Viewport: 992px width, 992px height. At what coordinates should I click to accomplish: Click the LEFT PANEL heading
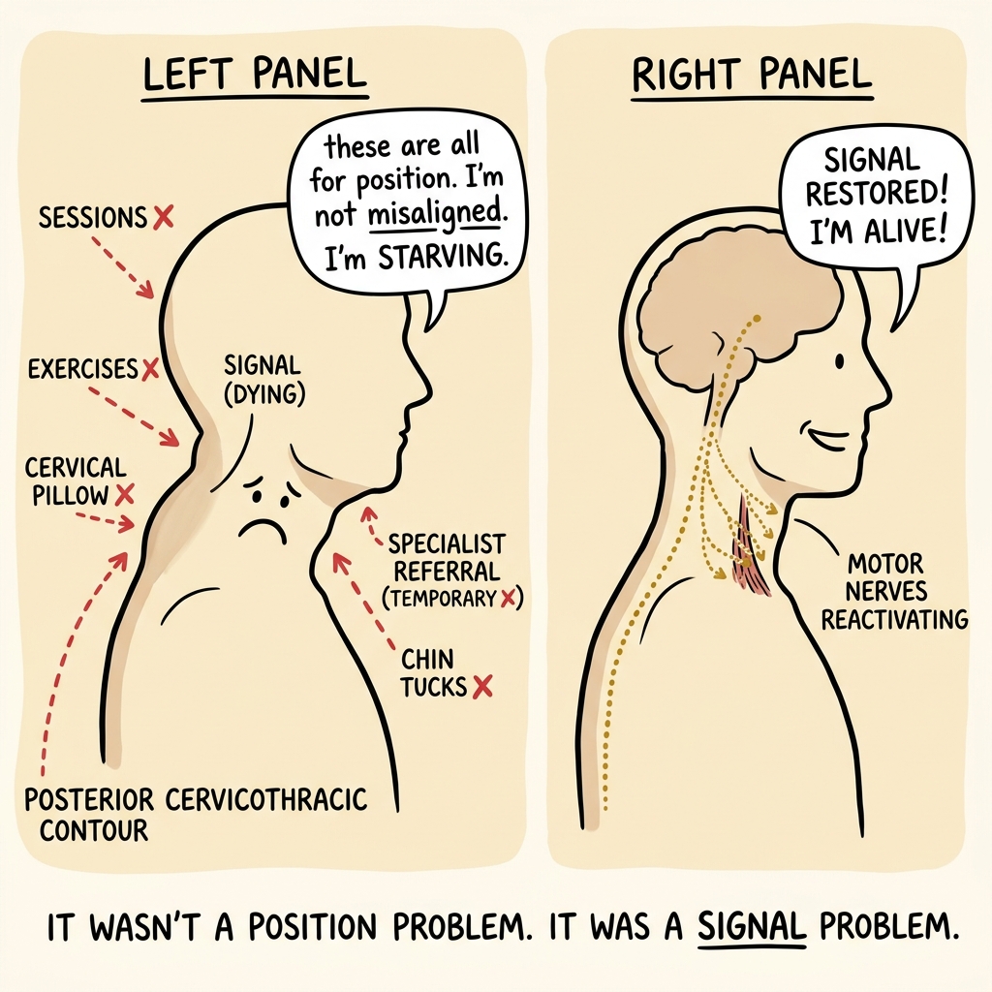coord(255,74)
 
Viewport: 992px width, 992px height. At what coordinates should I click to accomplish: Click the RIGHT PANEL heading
coord(752,74)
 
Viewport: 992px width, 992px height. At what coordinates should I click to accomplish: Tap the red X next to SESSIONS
coord(163,217)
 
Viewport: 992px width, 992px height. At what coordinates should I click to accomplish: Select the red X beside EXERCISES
coord(150,369)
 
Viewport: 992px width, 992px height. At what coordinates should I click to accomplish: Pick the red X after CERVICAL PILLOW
coord(125,494)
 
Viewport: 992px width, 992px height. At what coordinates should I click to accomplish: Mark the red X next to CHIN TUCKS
coord(482,687)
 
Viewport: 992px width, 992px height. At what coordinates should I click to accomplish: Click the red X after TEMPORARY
coord(508,598)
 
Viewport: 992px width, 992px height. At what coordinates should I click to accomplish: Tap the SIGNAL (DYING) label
coord(263,380)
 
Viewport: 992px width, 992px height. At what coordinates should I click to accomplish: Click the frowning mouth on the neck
coord(263,530)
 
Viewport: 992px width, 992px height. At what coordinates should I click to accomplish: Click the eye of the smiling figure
coord(840,361)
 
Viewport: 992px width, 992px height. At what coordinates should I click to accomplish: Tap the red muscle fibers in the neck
coord(752,545)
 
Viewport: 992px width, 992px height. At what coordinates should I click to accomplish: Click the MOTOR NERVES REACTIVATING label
coord(894,591)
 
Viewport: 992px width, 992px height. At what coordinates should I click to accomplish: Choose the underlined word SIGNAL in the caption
coord(752,927)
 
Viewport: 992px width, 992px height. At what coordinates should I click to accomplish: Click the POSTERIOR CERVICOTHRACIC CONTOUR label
coord(195,815)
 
